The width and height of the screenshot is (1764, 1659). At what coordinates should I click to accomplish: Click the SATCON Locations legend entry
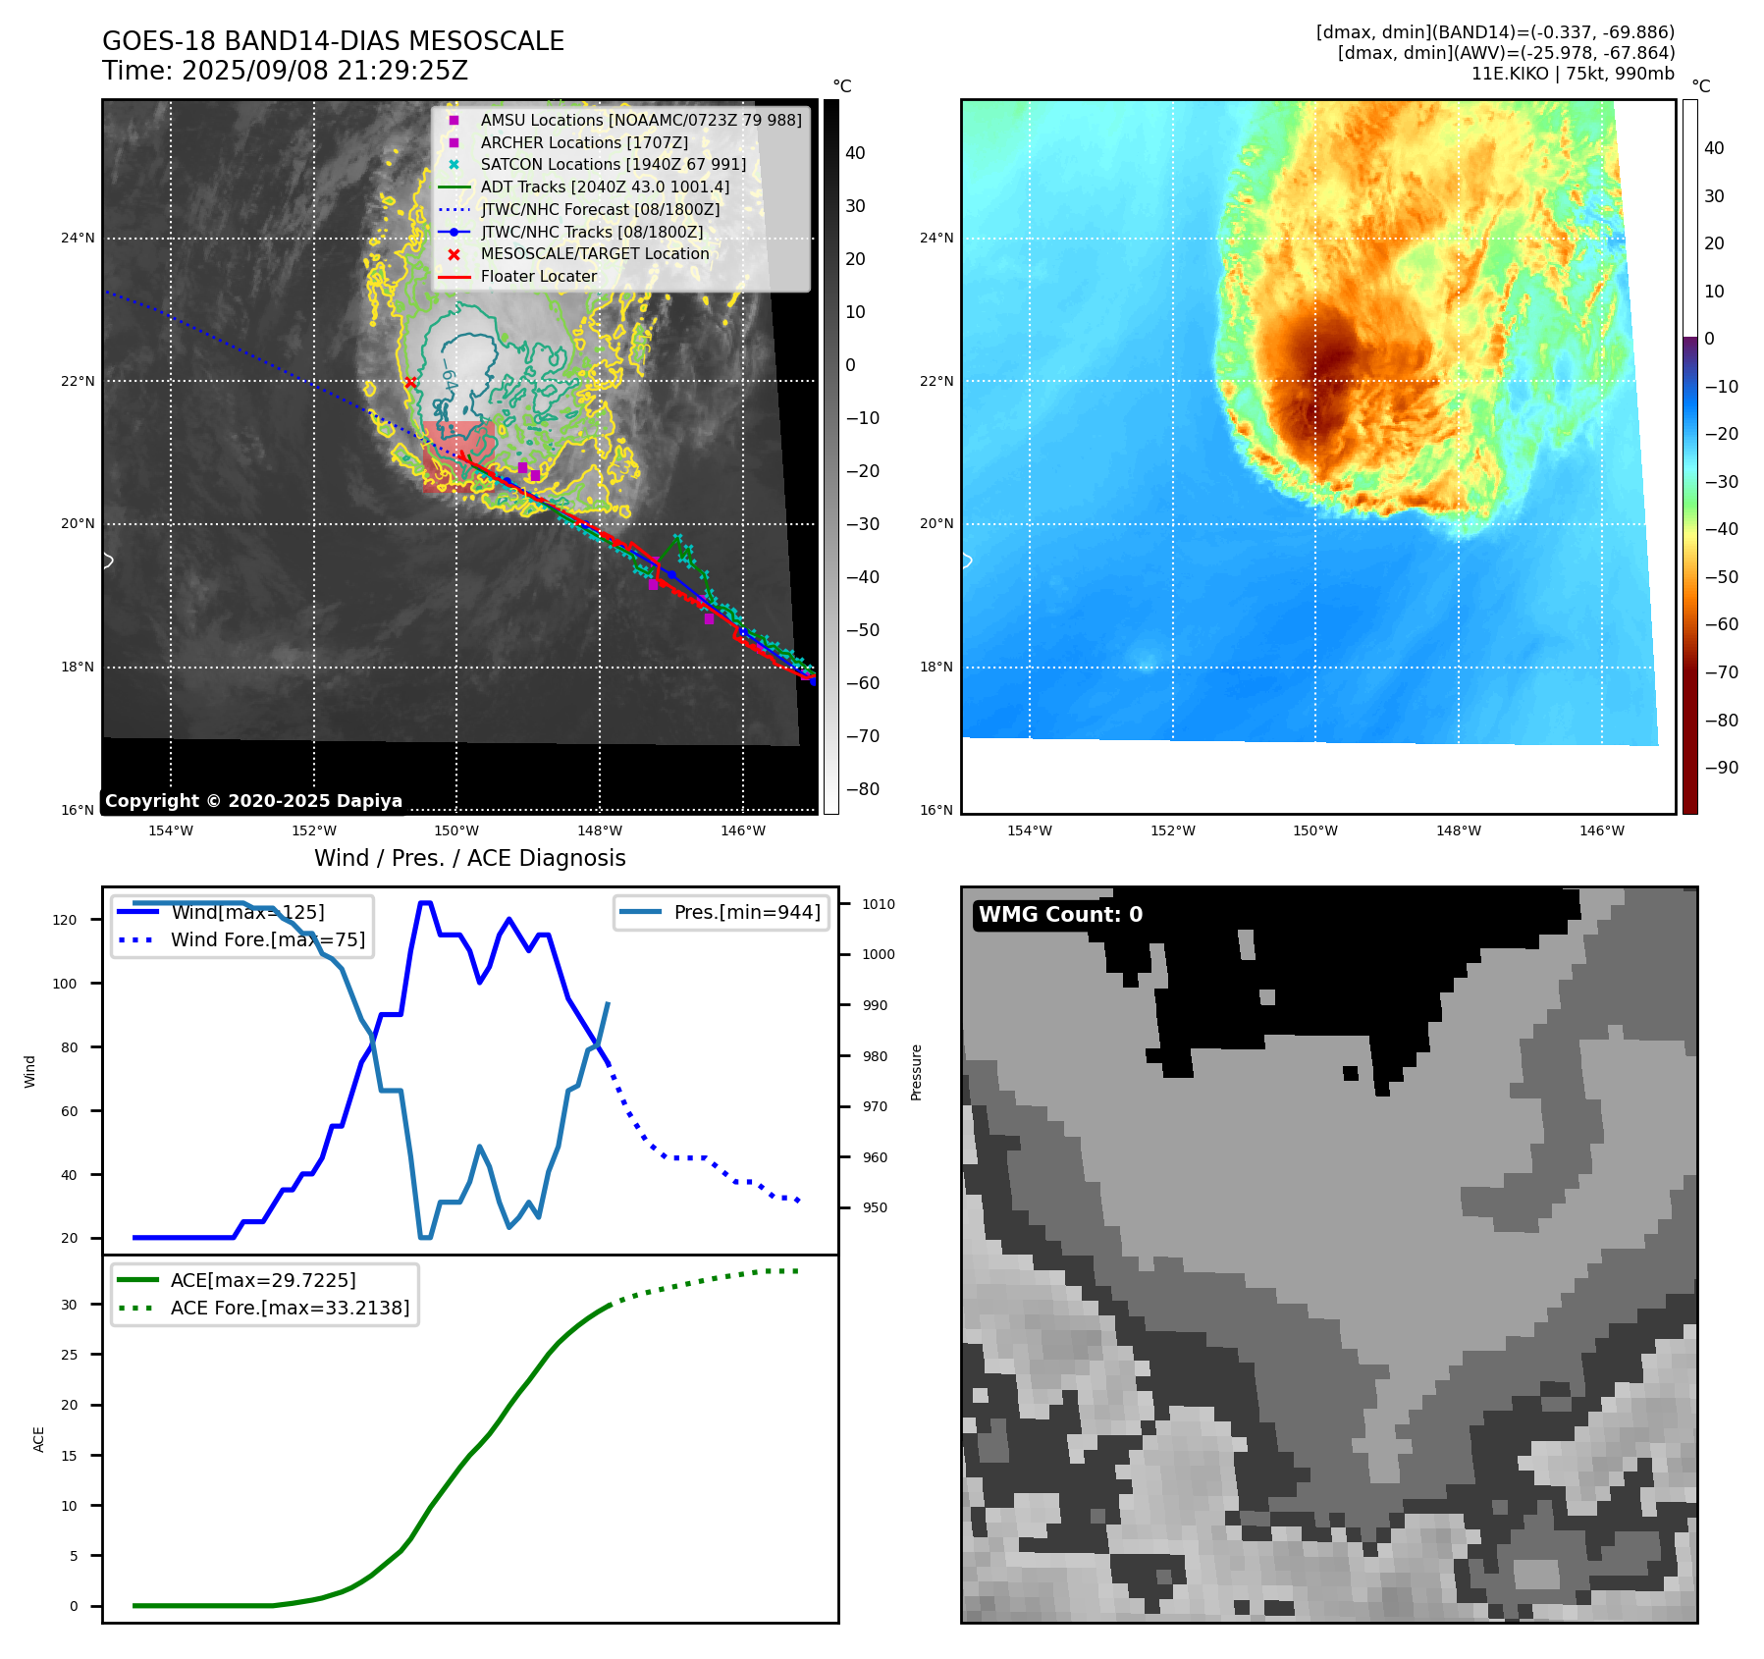coord(613,165)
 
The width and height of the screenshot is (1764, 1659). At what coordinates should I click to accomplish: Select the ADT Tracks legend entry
coord(605,187)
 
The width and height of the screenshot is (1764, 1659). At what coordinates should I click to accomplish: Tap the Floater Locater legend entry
coord(538,277)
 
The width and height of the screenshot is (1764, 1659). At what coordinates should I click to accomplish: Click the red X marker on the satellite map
coord(410,383)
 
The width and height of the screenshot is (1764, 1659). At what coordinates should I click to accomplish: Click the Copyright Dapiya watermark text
coord(253,801)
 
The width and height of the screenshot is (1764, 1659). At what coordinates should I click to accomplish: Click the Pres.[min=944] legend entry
coord(746,913)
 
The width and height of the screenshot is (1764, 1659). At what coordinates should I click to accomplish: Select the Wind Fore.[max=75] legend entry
coord(267,940)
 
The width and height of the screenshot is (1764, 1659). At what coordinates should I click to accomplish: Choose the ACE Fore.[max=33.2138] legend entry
coord(290,1309)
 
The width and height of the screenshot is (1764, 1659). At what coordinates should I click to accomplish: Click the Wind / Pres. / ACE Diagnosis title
coord(469,859)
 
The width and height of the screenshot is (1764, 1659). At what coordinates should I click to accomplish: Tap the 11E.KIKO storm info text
coord(1573,74)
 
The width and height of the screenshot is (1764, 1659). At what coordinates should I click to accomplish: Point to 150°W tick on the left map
coord(457,831)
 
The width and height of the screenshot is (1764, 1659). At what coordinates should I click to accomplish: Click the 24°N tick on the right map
coord(936,239)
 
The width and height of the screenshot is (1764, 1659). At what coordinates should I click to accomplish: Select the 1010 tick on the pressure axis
coord(879,905)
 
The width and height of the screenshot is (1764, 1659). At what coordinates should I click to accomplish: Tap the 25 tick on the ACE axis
coord(69,1356)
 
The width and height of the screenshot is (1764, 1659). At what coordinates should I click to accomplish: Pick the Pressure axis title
coord(916,1072)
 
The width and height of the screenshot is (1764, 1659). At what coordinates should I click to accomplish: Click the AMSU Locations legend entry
coord(640,121)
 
